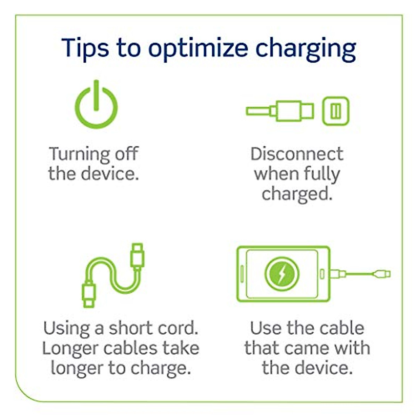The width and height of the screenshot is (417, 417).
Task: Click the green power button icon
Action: tap(96, 105)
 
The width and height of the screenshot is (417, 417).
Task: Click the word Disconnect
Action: tap(297, 154)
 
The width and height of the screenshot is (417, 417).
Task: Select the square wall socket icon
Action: tap(335, 111)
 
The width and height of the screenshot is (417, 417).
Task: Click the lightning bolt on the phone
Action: tap(281, 274)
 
